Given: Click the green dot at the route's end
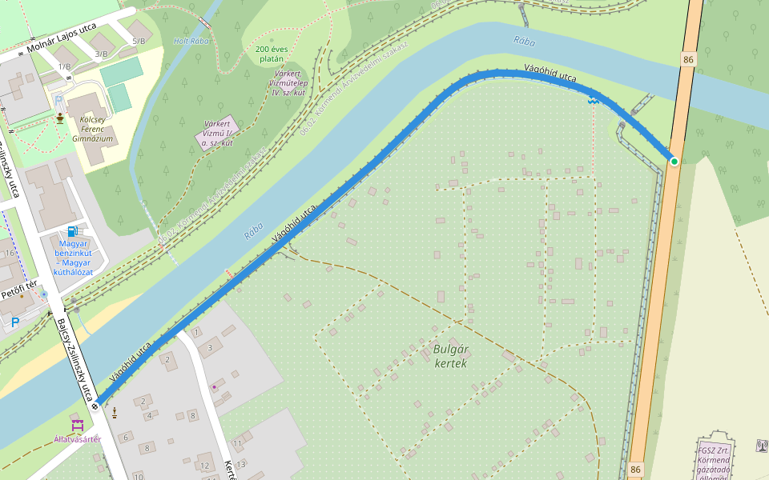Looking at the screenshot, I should pyautogui.click(x=674, y=162).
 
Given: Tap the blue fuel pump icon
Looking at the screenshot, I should pyautogui.click(x=73, y=231).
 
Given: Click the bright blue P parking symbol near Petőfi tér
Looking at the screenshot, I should pyautogui.click(x=14, y=322).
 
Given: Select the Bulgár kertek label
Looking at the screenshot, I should pyautogui.click(x=449, y=356).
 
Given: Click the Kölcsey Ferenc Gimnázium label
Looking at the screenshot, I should pyautogui.click(x=95, y=128).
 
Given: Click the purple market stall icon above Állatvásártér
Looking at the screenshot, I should pyautogui.click(x=78, y=424).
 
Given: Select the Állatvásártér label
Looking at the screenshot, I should pyautogui.click(x=78, y=439).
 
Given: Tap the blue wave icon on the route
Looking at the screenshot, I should pyautogui.click(x=593, y=100).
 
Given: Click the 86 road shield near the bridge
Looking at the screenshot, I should pyautogui.click(x=688, y=60).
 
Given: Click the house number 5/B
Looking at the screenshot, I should pyautogui.click(x=139, y=41).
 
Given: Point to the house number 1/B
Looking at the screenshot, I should pyautogui.click(x=64, y=66).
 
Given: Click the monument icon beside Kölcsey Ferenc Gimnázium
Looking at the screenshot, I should pyautogui.click(x=60, y=120).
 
